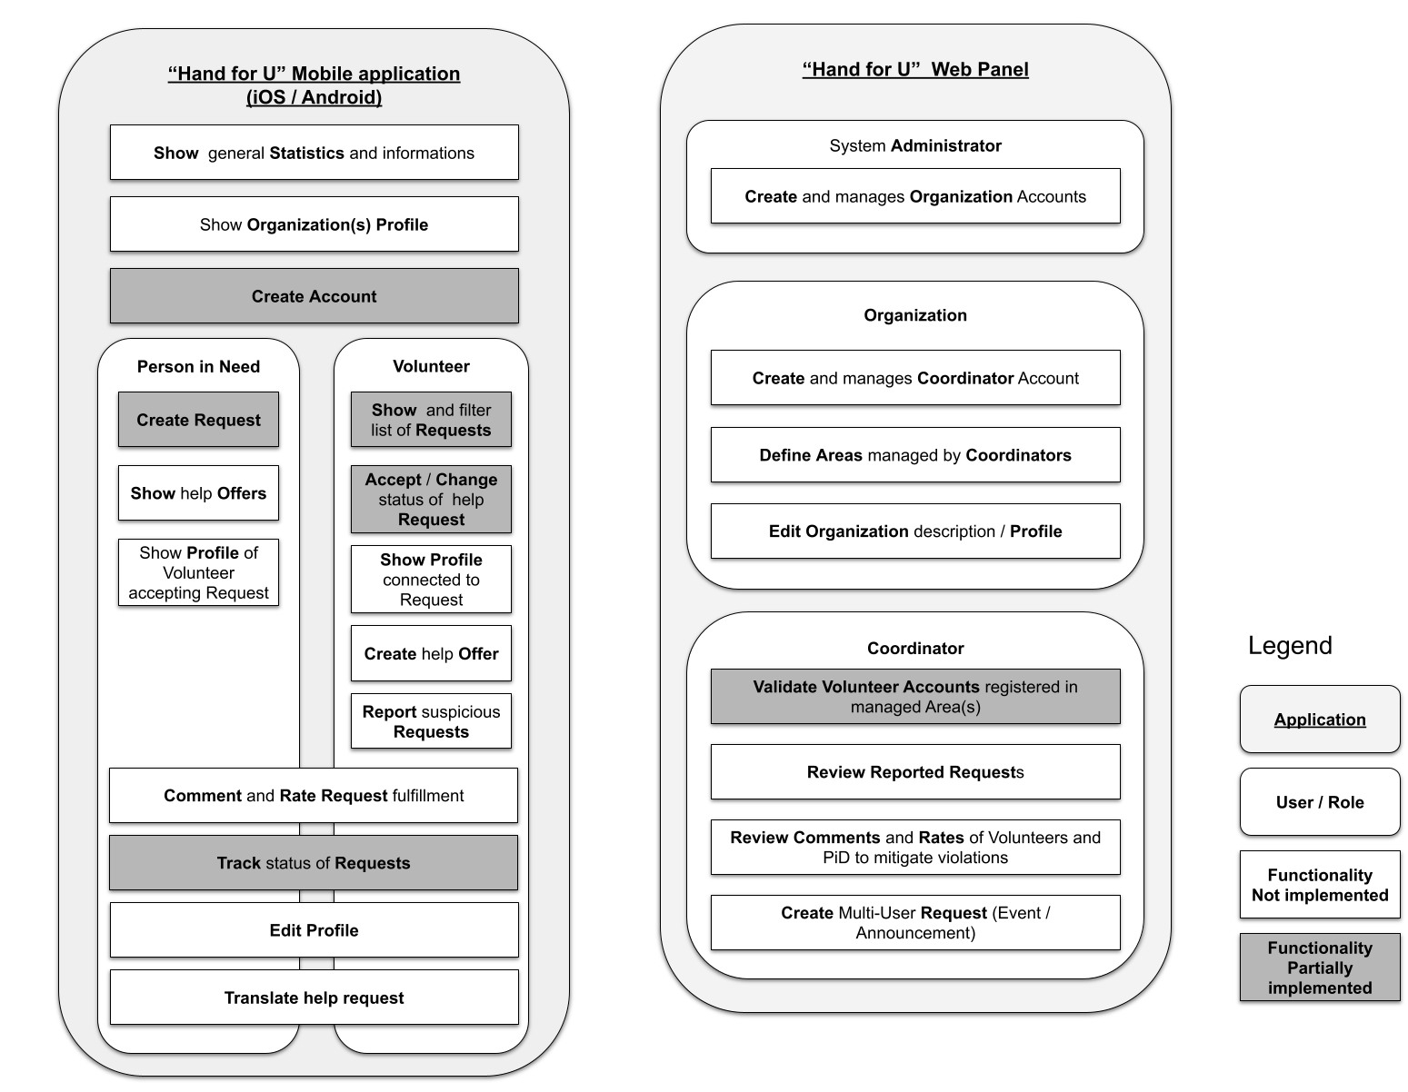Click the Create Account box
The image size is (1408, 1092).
click(x=315, y=296)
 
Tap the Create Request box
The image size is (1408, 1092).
click(x=198, y=420)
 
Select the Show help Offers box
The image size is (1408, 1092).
click(x=198, y=492)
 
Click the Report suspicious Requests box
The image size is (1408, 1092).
click(x=431, y=721)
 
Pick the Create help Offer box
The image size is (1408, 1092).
click(x=431, y=653)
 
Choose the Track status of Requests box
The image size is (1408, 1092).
click(x=314, y=862)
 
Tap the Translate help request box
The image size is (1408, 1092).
click(x=315, y=997)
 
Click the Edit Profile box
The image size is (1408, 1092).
click(x=315, y=929)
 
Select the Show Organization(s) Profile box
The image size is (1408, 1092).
click(x=315, y=224)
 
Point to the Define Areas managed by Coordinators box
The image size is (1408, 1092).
click(x=915, y=454)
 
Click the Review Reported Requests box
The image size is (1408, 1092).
click(x=915, y=771)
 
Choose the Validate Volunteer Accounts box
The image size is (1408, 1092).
click(x=915, y=697)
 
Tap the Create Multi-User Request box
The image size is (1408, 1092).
click(x=915, y=922)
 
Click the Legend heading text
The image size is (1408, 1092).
click(x=1290, y=645)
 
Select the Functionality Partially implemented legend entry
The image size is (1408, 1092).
click(x=1320, y=967)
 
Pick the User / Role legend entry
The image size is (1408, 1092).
click(x=1320, y=802)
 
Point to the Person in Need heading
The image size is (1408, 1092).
click(x=198, y=366)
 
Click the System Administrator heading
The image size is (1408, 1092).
click(x=915, y=145)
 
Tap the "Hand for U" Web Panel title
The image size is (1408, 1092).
click(x=915, y=69)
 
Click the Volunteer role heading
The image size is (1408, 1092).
click(x=431, y=366)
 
